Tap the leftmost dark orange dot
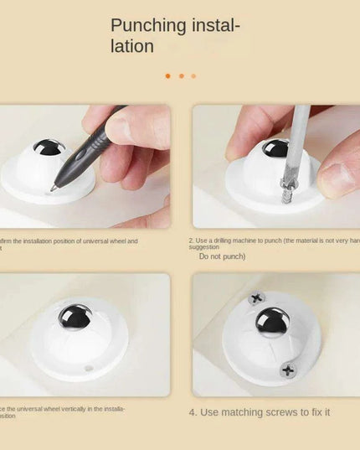pyautogui.click(x=167, y=76)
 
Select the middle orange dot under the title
pyautogui.click(x=181, y=76)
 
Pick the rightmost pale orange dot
pyautogui.click(x=193, y=76)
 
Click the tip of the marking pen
pyautogui.click(x=53, y=189)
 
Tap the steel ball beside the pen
pyautogui.click(x=49, y=147)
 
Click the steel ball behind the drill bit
pyautogui.click(x=274, y=148)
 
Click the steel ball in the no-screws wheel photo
pyautogui.click(x=75, y=318)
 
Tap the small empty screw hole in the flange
pyautogui.click(x=88, y=366)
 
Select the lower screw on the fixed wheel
pyautogui.click(x=287, y=369)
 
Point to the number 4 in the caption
pyautogui.click(x=193, y=412)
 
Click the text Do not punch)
pyautogui.click(x=222, y=256)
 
